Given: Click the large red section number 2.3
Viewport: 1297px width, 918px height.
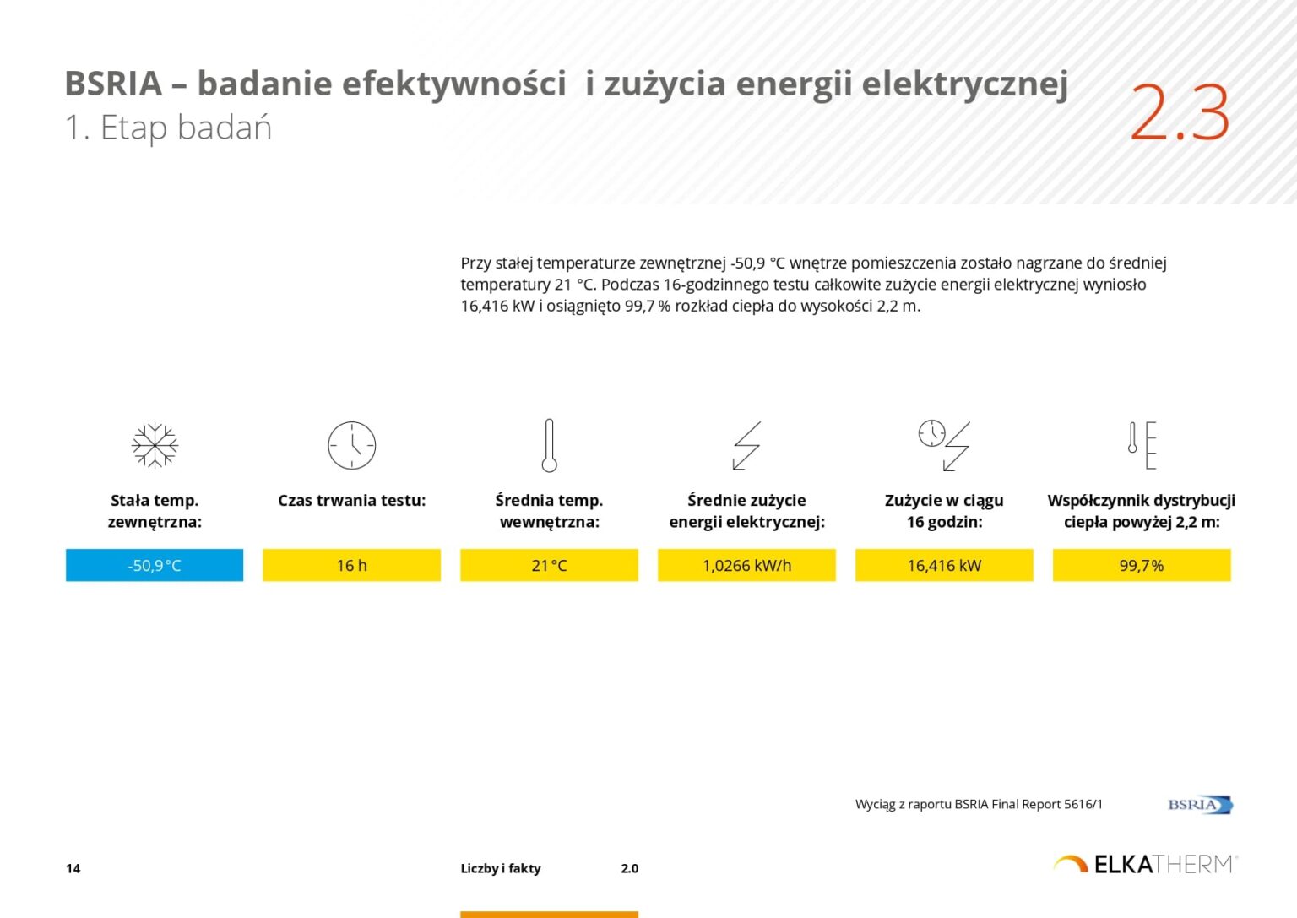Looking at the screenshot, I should click(x=1179, y=112).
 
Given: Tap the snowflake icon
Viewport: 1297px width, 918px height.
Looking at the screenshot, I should click(x=155, y=445).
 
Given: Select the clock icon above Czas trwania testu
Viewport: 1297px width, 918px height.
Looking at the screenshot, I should click(x=351, y=445).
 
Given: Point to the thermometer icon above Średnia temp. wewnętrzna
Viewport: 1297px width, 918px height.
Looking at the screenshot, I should click(x=549, y=445).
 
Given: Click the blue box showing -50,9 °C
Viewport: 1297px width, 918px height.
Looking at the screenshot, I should click(x=155, y=565).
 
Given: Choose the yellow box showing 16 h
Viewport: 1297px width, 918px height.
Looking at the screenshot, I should click(x=351, y=565).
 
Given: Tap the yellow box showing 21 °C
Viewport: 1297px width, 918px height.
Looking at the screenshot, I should click(x=549, y=565).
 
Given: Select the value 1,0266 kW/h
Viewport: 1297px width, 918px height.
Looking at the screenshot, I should click(x=746, y=565).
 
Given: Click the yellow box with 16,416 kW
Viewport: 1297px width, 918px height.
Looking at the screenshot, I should click(x=944, y=565).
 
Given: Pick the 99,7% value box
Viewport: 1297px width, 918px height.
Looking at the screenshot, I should click(x=1141, y=565).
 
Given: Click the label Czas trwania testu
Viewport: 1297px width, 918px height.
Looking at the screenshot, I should click(x=351, y=500).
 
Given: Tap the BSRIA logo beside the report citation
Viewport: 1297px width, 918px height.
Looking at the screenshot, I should click(x=1200, y=804).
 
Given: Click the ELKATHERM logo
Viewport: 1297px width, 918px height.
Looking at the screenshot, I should click(x=1145, y=864).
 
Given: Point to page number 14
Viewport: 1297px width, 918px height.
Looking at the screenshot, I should click(x=73, y=868).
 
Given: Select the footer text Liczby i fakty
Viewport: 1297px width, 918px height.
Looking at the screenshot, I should click(x=501, y=868).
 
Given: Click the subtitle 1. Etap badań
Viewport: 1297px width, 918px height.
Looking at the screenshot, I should click(x=168, y=128).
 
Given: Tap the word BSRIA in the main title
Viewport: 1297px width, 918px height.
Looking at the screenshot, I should click(x=113, y=84).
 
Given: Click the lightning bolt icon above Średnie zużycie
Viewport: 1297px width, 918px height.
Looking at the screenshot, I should click(x=746, y=445).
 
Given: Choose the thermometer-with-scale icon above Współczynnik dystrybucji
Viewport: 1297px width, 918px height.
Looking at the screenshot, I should click(x=1142, y=445).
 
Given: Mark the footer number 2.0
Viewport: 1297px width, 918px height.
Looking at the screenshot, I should click(x=629, y=868).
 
